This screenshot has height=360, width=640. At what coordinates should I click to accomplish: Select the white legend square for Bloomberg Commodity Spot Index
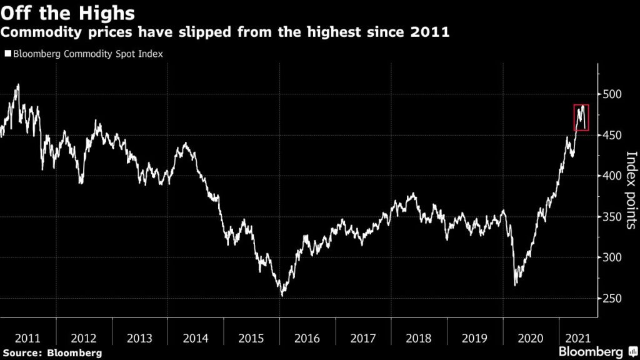point(7,54)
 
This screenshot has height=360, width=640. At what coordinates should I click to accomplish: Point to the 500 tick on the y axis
point(613,94)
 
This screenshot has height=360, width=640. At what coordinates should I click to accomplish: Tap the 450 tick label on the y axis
point(613,135)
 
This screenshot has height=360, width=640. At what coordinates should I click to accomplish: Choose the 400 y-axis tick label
point(613,176)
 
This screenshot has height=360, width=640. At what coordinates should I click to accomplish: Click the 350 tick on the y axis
point(613,217)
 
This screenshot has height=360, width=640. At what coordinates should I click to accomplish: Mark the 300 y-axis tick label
point(613,257)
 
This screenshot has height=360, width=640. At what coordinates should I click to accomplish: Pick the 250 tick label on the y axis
point(613,299)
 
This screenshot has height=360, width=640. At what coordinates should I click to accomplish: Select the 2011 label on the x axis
point(27,338)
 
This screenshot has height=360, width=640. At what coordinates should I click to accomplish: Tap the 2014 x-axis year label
point(196,338)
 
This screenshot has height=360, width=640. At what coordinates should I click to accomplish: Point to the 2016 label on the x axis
point(307,338)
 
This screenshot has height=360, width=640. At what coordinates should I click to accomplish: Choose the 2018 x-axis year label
point(419,338)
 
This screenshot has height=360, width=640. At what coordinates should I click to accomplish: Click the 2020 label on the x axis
point(531,338)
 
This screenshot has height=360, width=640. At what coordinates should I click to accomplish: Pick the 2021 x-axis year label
point(579,338)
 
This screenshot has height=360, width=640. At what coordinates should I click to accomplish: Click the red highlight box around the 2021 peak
point(581,117)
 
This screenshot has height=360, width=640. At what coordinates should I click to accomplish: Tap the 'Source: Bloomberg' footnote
point(51,353)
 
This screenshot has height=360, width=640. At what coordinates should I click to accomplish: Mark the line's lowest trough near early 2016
point(282,295)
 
